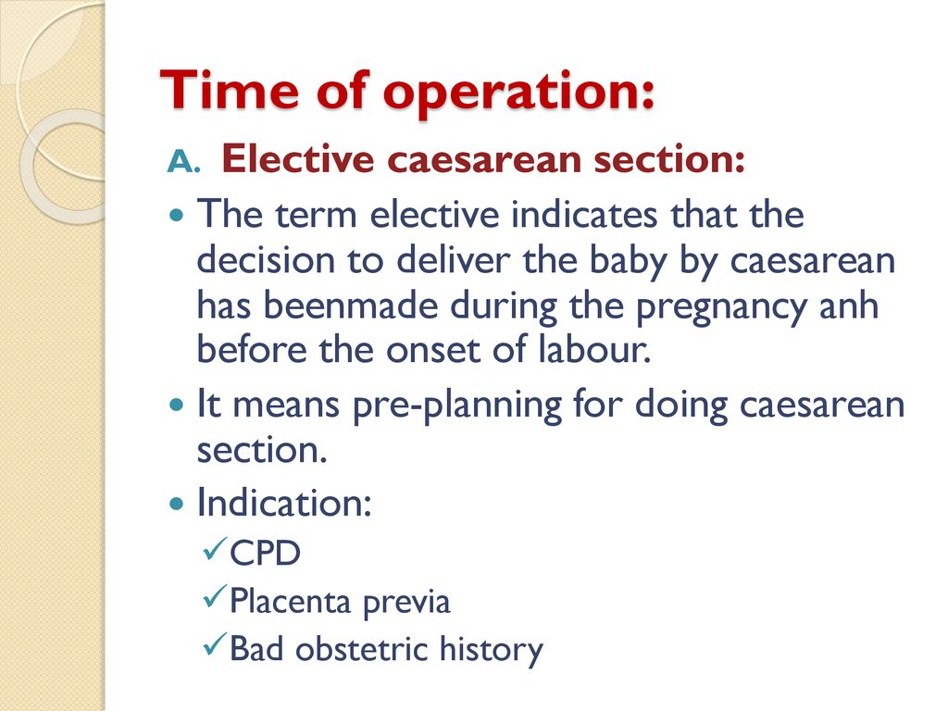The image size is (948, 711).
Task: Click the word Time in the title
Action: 230,90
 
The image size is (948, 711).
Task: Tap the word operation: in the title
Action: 518,94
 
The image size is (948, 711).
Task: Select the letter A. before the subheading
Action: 183,161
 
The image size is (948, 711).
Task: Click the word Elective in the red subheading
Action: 297,159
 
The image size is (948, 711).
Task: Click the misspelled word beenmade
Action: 351,305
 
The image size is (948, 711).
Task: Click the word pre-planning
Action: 457,405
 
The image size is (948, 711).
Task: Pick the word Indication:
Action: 284,502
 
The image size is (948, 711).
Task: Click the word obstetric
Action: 362,649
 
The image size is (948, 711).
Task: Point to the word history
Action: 492,651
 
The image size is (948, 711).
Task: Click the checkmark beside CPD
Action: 215,548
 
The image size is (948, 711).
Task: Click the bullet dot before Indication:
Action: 177,503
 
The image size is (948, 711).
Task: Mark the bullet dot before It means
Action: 177,405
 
